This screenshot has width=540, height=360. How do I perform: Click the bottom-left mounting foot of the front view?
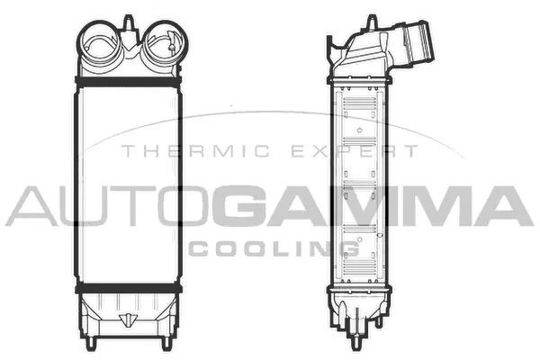[90, 342]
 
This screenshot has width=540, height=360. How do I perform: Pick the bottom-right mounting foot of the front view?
[167, 342]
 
